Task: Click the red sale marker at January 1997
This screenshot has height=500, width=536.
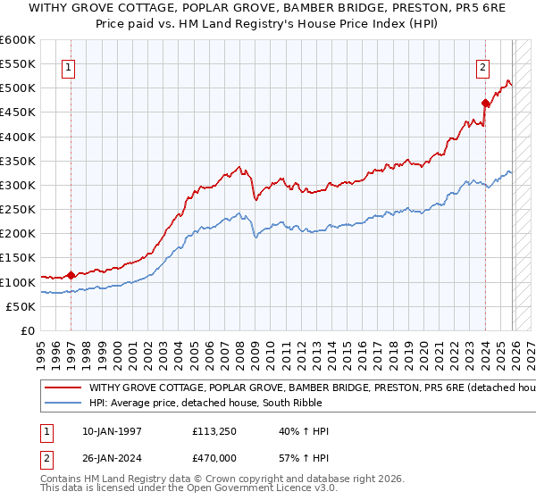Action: [x=71, y=275]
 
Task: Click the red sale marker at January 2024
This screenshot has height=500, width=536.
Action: [x=485, y=103]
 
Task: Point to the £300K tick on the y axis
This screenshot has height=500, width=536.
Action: [x=18, y=185]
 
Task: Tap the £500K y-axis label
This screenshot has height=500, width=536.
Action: [x=18, y=88]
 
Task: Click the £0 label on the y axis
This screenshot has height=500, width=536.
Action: [x=27, y=330]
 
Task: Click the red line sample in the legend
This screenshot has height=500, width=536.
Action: [x=63, y=388]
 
